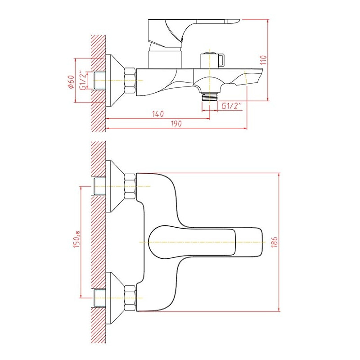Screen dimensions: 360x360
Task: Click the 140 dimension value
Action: coord(158,114)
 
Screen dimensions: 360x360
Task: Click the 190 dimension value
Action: coord(176,124)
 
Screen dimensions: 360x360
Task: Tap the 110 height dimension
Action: coord(264,60)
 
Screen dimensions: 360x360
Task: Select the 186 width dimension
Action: coord(274,242)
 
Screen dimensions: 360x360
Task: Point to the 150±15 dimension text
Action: coord(76,239)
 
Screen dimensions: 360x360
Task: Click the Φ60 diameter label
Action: coord(71,82)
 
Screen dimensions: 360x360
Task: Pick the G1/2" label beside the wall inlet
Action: coord(83,80)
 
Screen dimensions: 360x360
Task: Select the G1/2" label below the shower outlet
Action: coord(231,106)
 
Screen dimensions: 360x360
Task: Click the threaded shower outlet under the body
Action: coord(210,97)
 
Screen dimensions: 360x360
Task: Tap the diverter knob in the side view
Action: coord(212,60)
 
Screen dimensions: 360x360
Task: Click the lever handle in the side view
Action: coord(192,33)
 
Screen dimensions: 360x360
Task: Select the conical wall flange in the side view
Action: coord(115,81)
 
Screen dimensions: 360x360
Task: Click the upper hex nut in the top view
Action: coord(130,186)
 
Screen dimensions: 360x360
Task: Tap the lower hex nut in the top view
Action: coord(130,298)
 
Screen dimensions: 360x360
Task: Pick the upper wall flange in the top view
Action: coord(115,186)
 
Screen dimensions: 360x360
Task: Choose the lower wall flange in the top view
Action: coord(115,298)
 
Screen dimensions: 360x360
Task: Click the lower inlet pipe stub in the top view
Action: coord(99,298)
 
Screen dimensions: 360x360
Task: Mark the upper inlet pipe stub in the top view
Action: coord(99,186)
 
